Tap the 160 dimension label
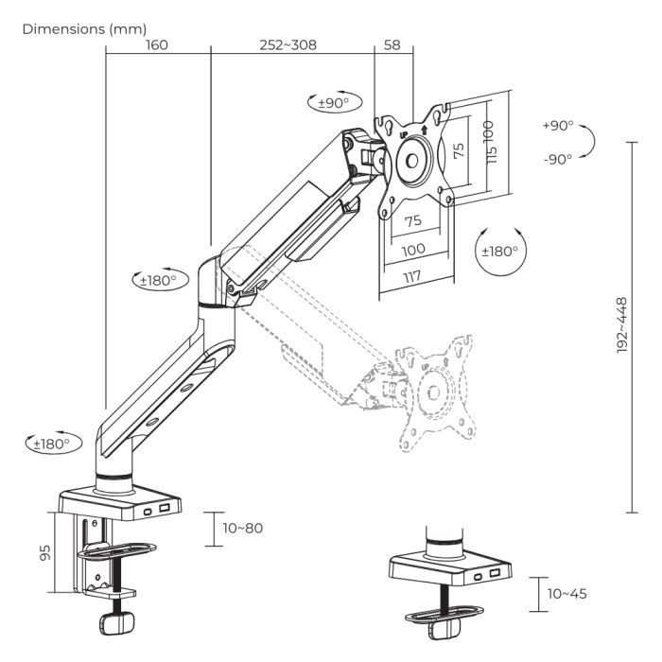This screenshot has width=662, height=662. pyautogui.click(x=157, y=45)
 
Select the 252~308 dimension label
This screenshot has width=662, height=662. pyautogui.click(x=287, y=45)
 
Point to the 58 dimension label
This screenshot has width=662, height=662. pyautogui.click(x=393, y=45)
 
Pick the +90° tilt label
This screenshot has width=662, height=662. pyautogui.click(x=557, y=126)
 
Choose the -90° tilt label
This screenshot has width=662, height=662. pyautogui.click(x=557, y=159)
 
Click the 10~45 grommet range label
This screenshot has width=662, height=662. pyautogui.click(x=566, y=593)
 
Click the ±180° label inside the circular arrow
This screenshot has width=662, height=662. pyautogui.click(x=500, y=252)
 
